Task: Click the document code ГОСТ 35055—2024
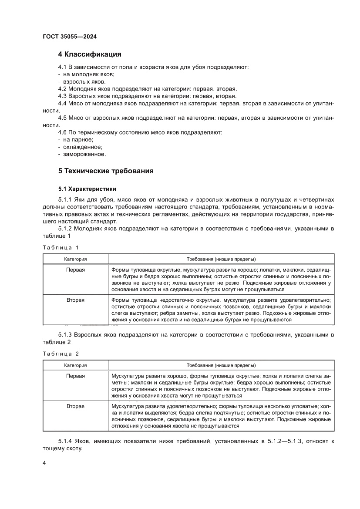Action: [70, 37]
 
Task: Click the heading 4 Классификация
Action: [90, 54]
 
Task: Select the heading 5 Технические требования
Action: [106, 171]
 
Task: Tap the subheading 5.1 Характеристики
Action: [87, 189]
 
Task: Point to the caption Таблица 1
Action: [61, 247]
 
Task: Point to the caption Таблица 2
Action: [61, 354]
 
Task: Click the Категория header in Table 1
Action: [76, 259]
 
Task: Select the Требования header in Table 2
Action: [221, 365]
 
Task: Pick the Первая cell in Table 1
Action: [76, 270]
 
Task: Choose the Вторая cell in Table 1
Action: [76, 300]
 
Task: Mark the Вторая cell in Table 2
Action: [76, 406]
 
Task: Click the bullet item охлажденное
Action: [77, 147]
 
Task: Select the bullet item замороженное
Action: [78, 154]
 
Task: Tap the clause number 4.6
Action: [63, 132]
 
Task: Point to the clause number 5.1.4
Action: [65, 442]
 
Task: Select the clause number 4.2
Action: [63, 88]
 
